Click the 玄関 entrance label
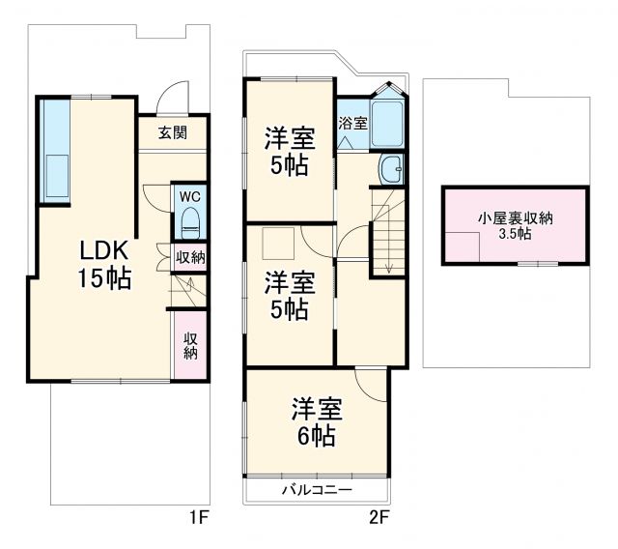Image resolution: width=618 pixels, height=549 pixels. pos(174,133)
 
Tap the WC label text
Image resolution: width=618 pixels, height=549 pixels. pos(189,192)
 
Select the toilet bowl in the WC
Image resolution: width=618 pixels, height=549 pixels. pos(190,220)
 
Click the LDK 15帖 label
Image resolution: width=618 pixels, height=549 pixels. pos(105,264)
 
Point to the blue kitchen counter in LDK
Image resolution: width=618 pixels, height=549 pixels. pos(55,151)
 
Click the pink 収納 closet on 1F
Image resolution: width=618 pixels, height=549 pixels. pos(190,345)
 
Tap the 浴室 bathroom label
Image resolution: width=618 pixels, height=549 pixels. pos(352,124)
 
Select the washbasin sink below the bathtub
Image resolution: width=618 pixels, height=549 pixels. pos(392,169)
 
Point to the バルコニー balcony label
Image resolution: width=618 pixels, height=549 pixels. pos(317,490)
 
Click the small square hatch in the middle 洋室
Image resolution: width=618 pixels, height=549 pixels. pos(280,242)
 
